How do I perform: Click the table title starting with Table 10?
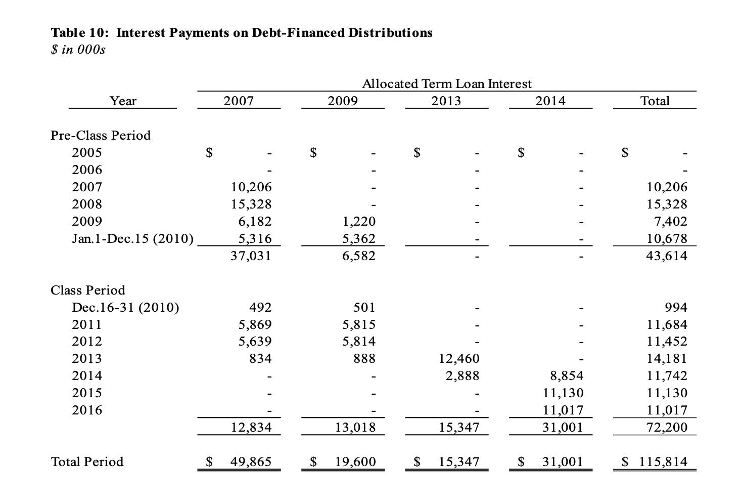pos(241,33)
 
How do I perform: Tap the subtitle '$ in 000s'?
pos(78,50)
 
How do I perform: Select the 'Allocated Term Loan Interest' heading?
pos(446,83)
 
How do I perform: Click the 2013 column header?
pos(446,101)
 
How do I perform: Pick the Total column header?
pos(655,101)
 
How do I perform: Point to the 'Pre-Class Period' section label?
pos(101,135)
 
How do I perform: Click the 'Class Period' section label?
pos(88,290)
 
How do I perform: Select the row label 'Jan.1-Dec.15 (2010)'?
pos(132,238)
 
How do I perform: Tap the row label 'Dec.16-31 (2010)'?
pos(125,307)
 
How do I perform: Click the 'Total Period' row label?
pos(87,462)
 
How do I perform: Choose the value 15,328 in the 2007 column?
pos(251,204)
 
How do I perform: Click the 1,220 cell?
pos(359,221)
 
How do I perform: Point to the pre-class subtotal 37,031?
pos(251,256)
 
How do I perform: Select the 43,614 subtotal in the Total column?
pos(667,256)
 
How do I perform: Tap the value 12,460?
pos(459,359)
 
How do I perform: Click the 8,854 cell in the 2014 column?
pos(566,376)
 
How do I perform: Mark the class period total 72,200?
pos(667,428)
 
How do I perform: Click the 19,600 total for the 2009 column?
pos(355,462)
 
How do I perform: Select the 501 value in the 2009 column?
pos(364,307)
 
